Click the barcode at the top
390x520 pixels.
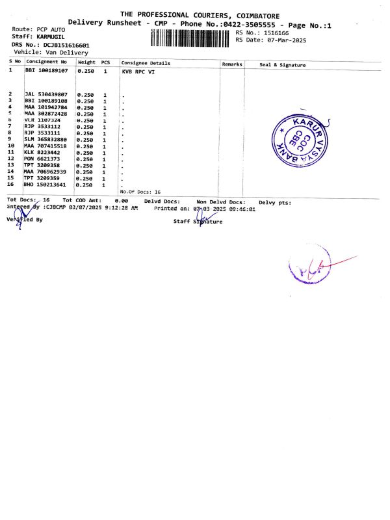click(x=190, y=38)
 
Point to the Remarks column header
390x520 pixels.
click(x=232, y=64)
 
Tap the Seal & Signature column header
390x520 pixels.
click(x=282, y=65)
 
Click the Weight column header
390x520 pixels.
click(x=86, y=62)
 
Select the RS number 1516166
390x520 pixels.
click(x=276, y=32)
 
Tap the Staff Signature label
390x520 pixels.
click(x=198, y=222)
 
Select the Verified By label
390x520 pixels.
click(x=24, y=220)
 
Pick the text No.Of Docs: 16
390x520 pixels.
click(x=140, y=192)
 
